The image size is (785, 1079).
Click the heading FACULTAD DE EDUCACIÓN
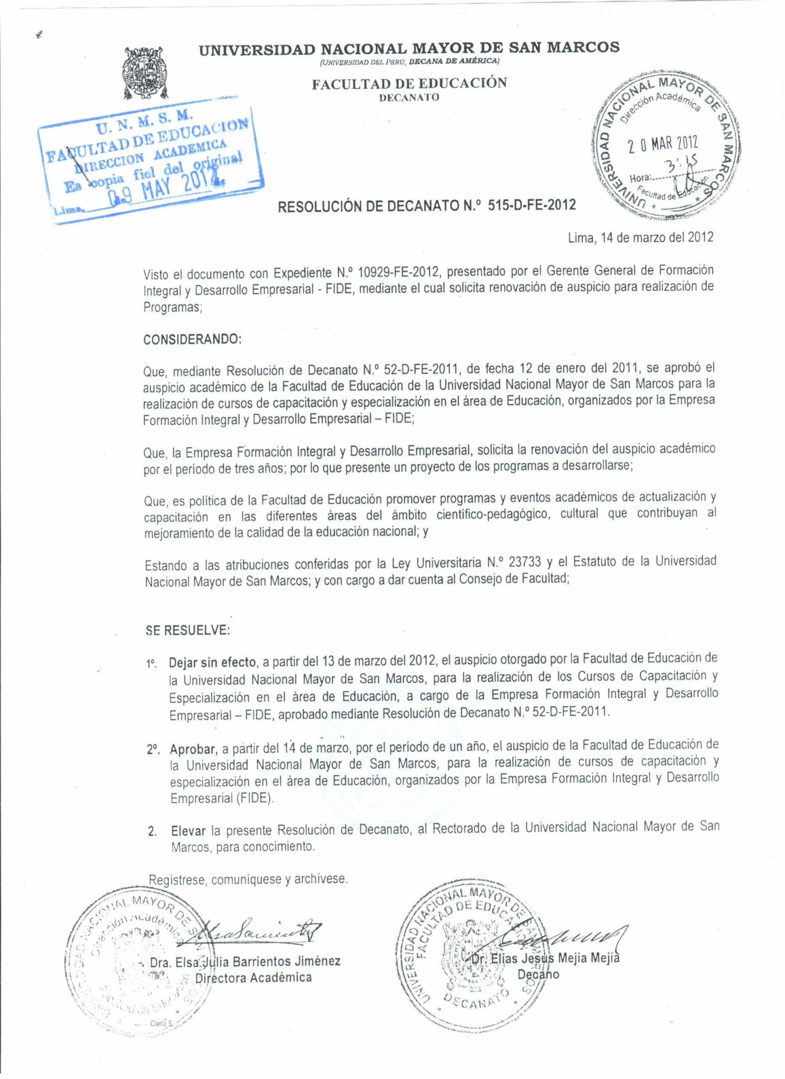(x=409, y=83)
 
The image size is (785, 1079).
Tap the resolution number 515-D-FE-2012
(x=532, y=204)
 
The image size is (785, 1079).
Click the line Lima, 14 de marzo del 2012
(x=641, y=237)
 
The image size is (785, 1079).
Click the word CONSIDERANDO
(x=192, y=339)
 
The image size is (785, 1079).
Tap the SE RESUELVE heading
(x=188, y=630)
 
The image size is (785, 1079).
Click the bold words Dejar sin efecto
(x=212, y=662)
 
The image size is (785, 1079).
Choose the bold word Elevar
(x=188, y=831)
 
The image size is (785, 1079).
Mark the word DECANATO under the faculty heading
(x=409, y=97)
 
